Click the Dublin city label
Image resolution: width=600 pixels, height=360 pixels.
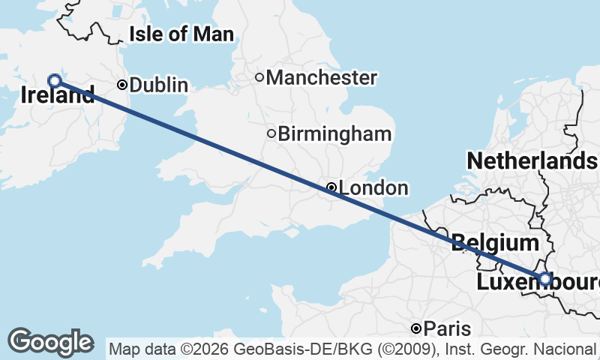point(158,85)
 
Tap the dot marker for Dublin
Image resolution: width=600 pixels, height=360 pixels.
point(122,85)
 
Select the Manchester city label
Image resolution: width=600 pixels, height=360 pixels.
point(321,77)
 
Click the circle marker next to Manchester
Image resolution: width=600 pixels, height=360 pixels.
point(259,76)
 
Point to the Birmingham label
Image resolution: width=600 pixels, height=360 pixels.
point(334,134)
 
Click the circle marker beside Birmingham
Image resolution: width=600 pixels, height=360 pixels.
point(271,133)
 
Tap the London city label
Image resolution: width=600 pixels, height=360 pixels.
point(373,188)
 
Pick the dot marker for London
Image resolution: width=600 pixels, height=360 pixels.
point(331,187)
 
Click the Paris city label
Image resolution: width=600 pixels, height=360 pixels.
point(447,328)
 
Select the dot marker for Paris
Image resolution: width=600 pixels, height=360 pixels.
point(416,328)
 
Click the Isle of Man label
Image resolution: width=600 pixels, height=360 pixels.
point(181,34)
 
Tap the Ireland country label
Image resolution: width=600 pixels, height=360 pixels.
point(58,95)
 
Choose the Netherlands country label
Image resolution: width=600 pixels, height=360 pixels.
point(531,160)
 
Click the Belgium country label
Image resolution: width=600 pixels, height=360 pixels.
point(495,243)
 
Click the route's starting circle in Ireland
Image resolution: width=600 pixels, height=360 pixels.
point(54,80)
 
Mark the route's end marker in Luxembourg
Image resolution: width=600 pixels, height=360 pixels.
point(545,278)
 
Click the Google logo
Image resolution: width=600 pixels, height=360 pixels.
point(50,342)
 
